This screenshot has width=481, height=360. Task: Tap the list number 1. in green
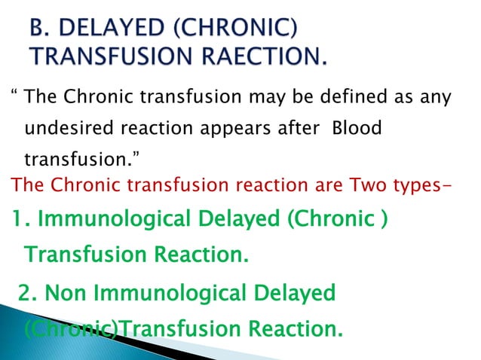tap(21, 219)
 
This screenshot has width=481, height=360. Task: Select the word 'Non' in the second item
tap(69, 293)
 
